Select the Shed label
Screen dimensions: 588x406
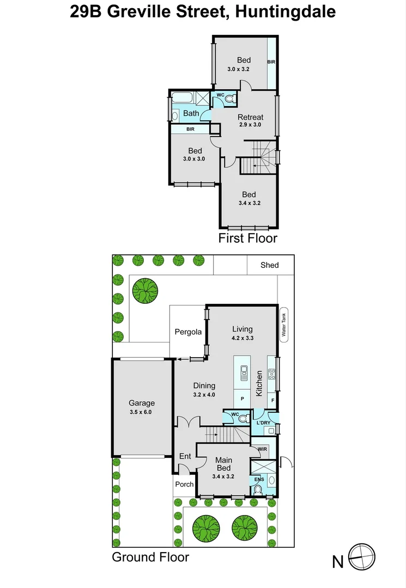click(269, 265)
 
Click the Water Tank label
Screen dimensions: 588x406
click(283, 326)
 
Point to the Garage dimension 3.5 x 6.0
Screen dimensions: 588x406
click(142, 412)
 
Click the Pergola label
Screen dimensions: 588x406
click(188, 332)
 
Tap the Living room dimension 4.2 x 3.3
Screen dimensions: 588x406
click(243, 338)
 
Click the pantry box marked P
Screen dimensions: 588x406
click(242, 399)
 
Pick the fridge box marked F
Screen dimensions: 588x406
click(273, 400)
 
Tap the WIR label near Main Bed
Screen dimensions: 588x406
click(262, 449)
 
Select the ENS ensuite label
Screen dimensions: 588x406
click(258, 479)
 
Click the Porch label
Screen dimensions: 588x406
click(184, 485)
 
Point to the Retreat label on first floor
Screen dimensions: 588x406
click(250, 117)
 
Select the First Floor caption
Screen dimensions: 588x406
click(247, 238)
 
